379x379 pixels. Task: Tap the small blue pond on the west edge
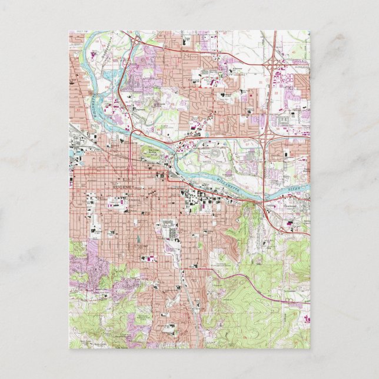click(72, 154)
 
